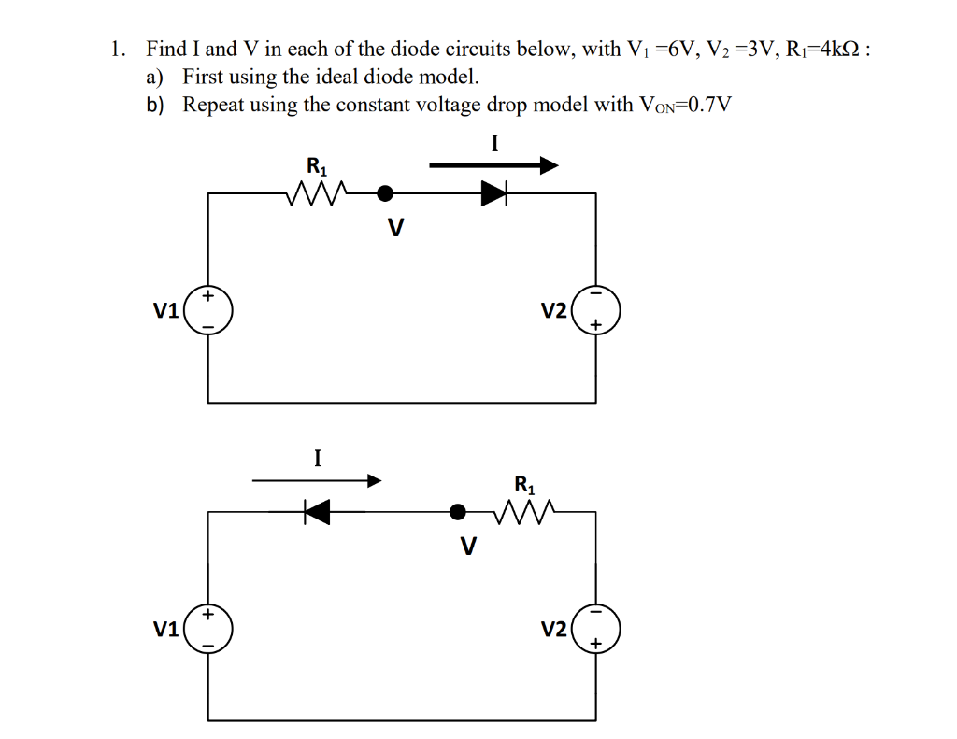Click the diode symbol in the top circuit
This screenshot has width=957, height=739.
pyautogui.click(x=493, y=193)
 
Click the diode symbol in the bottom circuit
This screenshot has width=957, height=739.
pyautogui.click(x=317, y=511)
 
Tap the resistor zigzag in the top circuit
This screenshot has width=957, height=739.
pyautogui.click(x=319, y=193)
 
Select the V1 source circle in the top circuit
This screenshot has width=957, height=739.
pyautogui.click(x=208, y=311)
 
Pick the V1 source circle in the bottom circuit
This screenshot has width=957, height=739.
pyautogui.click(x=208, y=629)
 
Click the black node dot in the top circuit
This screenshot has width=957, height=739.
pyautogui.click(x=384, y=193)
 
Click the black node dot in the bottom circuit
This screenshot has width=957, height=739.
pyautogui.click(x=458, y=511)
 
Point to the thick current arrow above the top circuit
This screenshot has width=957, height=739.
pyautogui.click(x=493, y=166)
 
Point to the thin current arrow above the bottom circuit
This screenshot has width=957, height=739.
pyautogui.click(x=317, y=481)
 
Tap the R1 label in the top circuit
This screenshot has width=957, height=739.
pyautogui.click(x=318, y=168)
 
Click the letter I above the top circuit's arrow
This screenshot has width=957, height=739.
pyautogui.click(x=494, y=143)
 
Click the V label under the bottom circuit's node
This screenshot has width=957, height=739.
pyautogui.click(x=468, y=545)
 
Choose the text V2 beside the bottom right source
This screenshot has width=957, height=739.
pyautogui.click(x=553, y=630)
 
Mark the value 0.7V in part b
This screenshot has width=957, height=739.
pyautogui.click(x=707, y=105)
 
